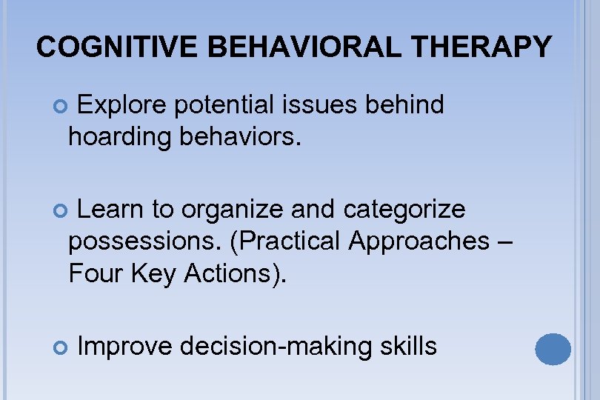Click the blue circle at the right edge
click(x=553, y=348)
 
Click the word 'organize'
click(x=233, y=210)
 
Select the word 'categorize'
click(x=404, y=210)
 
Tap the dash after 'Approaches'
click(x=503, y=241)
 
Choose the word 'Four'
click(x=94, y=273)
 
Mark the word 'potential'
click(x=225, y=106)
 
